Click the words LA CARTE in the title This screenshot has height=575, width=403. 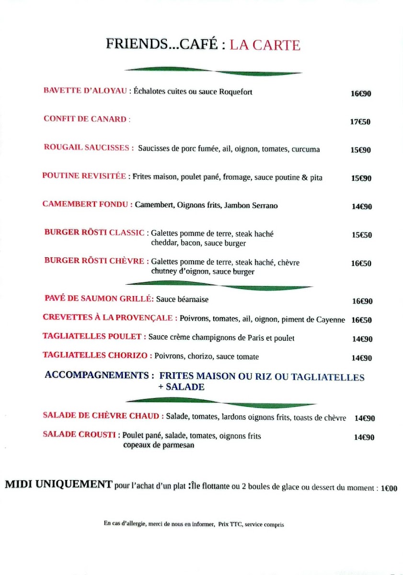pyautogui.click(x=265, y=45)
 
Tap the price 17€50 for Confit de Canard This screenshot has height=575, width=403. pyautogui.click(x=360, y=122)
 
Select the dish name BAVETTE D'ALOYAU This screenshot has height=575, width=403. pyautogui.click(x=85, y=91)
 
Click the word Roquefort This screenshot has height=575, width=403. pyautogui.click(x=235, y=92)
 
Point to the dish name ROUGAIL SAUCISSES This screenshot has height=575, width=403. pyautogui.click(x=88, y=148)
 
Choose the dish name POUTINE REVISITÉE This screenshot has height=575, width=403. pyautogui.click(x=84, y=176)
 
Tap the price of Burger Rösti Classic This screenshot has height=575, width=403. pyautogui.click(x=361, y=235)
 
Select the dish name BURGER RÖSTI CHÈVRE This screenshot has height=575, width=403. pyautogui.click(x=94, y=261)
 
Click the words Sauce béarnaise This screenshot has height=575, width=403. pyautogui.click(x=182, y=299)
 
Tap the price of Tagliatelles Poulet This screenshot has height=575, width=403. pyautogui.click(x=362, y=339)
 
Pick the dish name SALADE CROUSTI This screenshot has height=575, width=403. pyautogui.click(x=79, y=435)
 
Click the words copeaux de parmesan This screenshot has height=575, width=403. pyautogui.click(x=159, y=445)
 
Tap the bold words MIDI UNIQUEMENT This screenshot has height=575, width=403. pyautogui.click(x=58, y=484)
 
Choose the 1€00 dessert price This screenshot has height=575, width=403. pyautogui.click(x=389, y=489)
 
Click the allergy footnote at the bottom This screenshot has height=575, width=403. pyautogui.click(x=194, y=524)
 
